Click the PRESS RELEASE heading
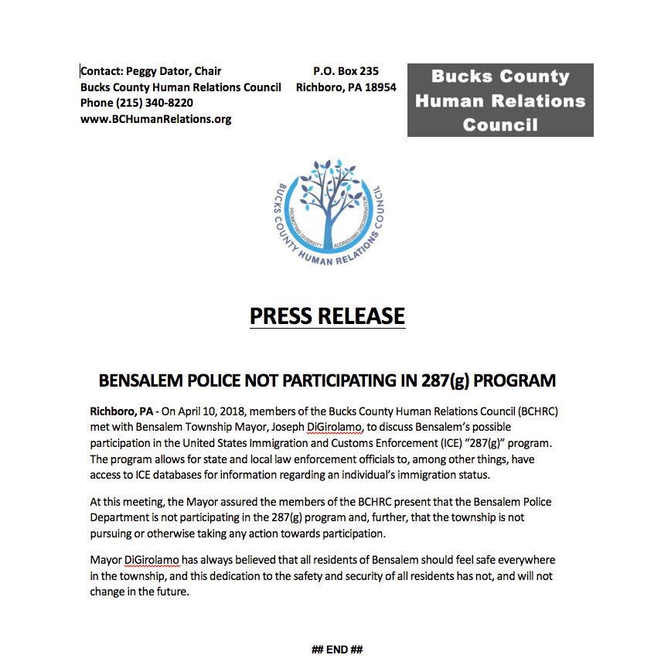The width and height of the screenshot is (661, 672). [x=327, y=316]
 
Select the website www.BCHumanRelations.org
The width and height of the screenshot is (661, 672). [x=155, y=119]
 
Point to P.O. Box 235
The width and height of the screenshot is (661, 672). [x=346, y=71]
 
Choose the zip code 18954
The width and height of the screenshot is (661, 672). [x=380, y=87]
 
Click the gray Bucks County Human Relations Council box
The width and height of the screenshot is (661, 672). [x=500, y=101]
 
